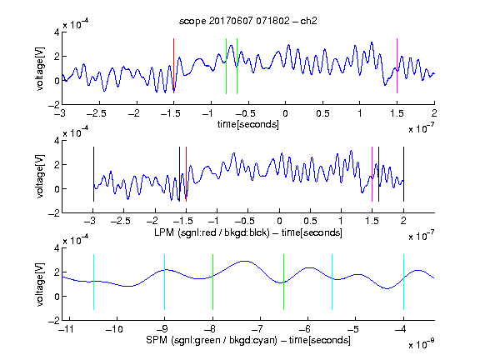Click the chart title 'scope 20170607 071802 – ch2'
coord(248,21)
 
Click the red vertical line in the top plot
coord(173,66)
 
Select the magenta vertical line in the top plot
coord(397,66)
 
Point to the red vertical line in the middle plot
coord(186,174)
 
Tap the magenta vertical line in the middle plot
coord(372,174)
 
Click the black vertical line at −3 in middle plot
coord(93,174)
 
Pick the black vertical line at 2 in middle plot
coord(403,174)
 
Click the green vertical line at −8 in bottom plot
coord(212,282)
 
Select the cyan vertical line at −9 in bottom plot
coord(165,282)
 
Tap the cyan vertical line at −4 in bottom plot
coord(403,282)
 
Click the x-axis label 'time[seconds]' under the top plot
coord(248,124)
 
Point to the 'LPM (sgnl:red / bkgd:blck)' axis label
coord(212,232)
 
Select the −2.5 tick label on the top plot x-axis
coord(96,113)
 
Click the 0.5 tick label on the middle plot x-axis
coord(310,221)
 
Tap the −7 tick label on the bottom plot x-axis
coord(257,329)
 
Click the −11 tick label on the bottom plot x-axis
coord(67,329)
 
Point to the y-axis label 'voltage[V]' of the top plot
coord(40,68)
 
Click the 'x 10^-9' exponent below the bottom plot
coord(422,344)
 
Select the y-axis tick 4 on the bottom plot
coord(57,248)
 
